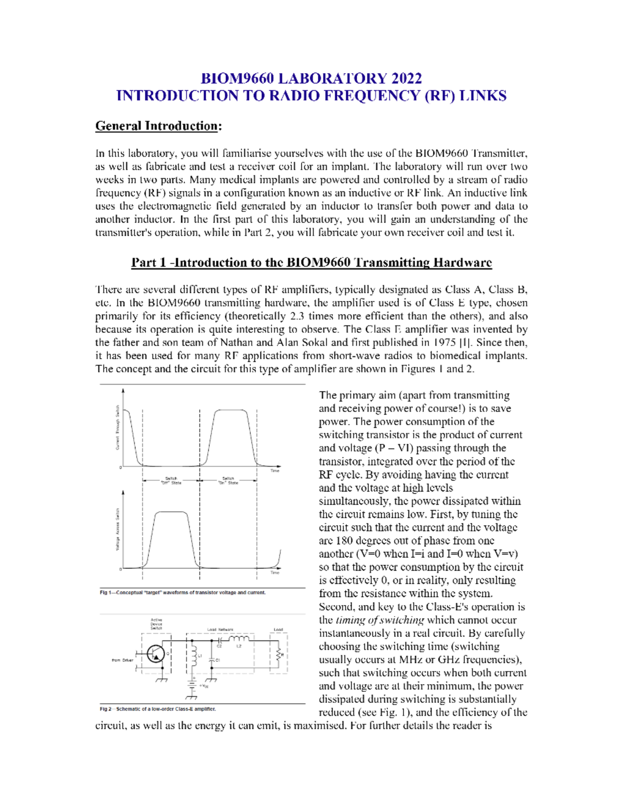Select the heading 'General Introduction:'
[158, 126]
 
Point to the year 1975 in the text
[444, 343]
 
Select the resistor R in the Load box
[279, 654]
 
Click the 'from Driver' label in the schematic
[123, 660]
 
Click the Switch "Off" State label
[171, 481]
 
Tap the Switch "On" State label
[228, 481]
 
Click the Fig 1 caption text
[183, 592]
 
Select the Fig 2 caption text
[158, 708]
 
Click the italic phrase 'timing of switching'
[380, 620]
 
